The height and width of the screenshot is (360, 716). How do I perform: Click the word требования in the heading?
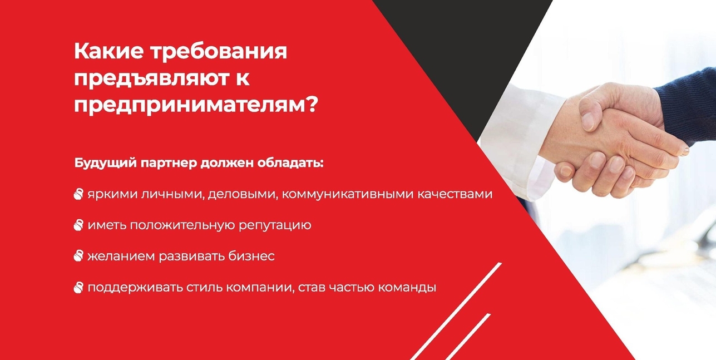219,52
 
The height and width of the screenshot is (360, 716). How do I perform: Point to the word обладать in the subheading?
290,162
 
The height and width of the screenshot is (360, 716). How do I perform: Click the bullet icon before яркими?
78,194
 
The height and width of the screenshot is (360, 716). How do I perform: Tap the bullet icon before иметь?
78,225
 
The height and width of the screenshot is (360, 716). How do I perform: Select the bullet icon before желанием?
78,256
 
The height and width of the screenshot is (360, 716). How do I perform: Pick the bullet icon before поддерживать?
78,287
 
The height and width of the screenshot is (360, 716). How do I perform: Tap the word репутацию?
275,225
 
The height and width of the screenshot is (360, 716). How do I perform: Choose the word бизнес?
251,256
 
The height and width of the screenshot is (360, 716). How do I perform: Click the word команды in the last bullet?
407,288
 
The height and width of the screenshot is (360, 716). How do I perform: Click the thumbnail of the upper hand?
587,121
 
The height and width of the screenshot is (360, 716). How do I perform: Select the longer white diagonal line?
456,311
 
